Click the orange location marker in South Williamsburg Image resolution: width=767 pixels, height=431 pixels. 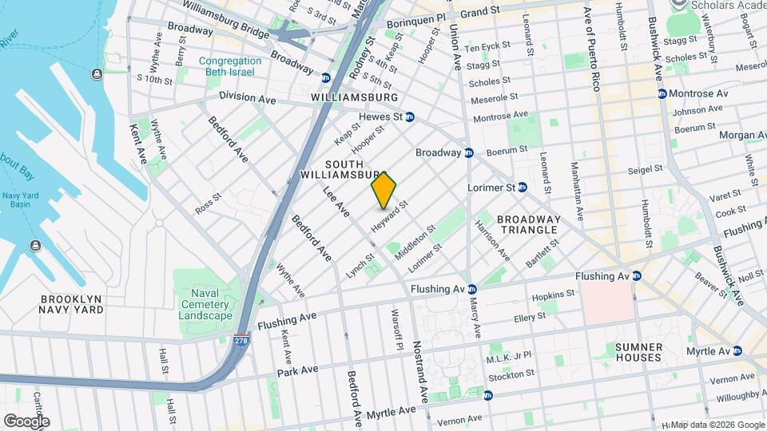(384, 190)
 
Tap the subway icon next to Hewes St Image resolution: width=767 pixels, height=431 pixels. (409, 117)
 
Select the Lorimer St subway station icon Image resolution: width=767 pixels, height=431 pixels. (522, 187)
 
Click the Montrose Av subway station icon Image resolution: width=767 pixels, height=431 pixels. (662, 93)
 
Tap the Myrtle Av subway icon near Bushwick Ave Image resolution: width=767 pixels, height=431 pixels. (737, 351)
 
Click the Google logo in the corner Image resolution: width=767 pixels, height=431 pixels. (26, 421)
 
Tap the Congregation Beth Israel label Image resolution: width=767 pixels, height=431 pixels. (230, 66)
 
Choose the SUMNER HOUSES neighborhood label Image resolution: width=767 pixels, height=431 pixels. (639, 352)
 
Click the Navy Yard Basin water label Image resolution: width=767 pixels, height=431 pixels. (21, 199)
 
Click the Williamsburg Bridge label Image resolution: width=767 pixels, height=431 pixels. (225, 18)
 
